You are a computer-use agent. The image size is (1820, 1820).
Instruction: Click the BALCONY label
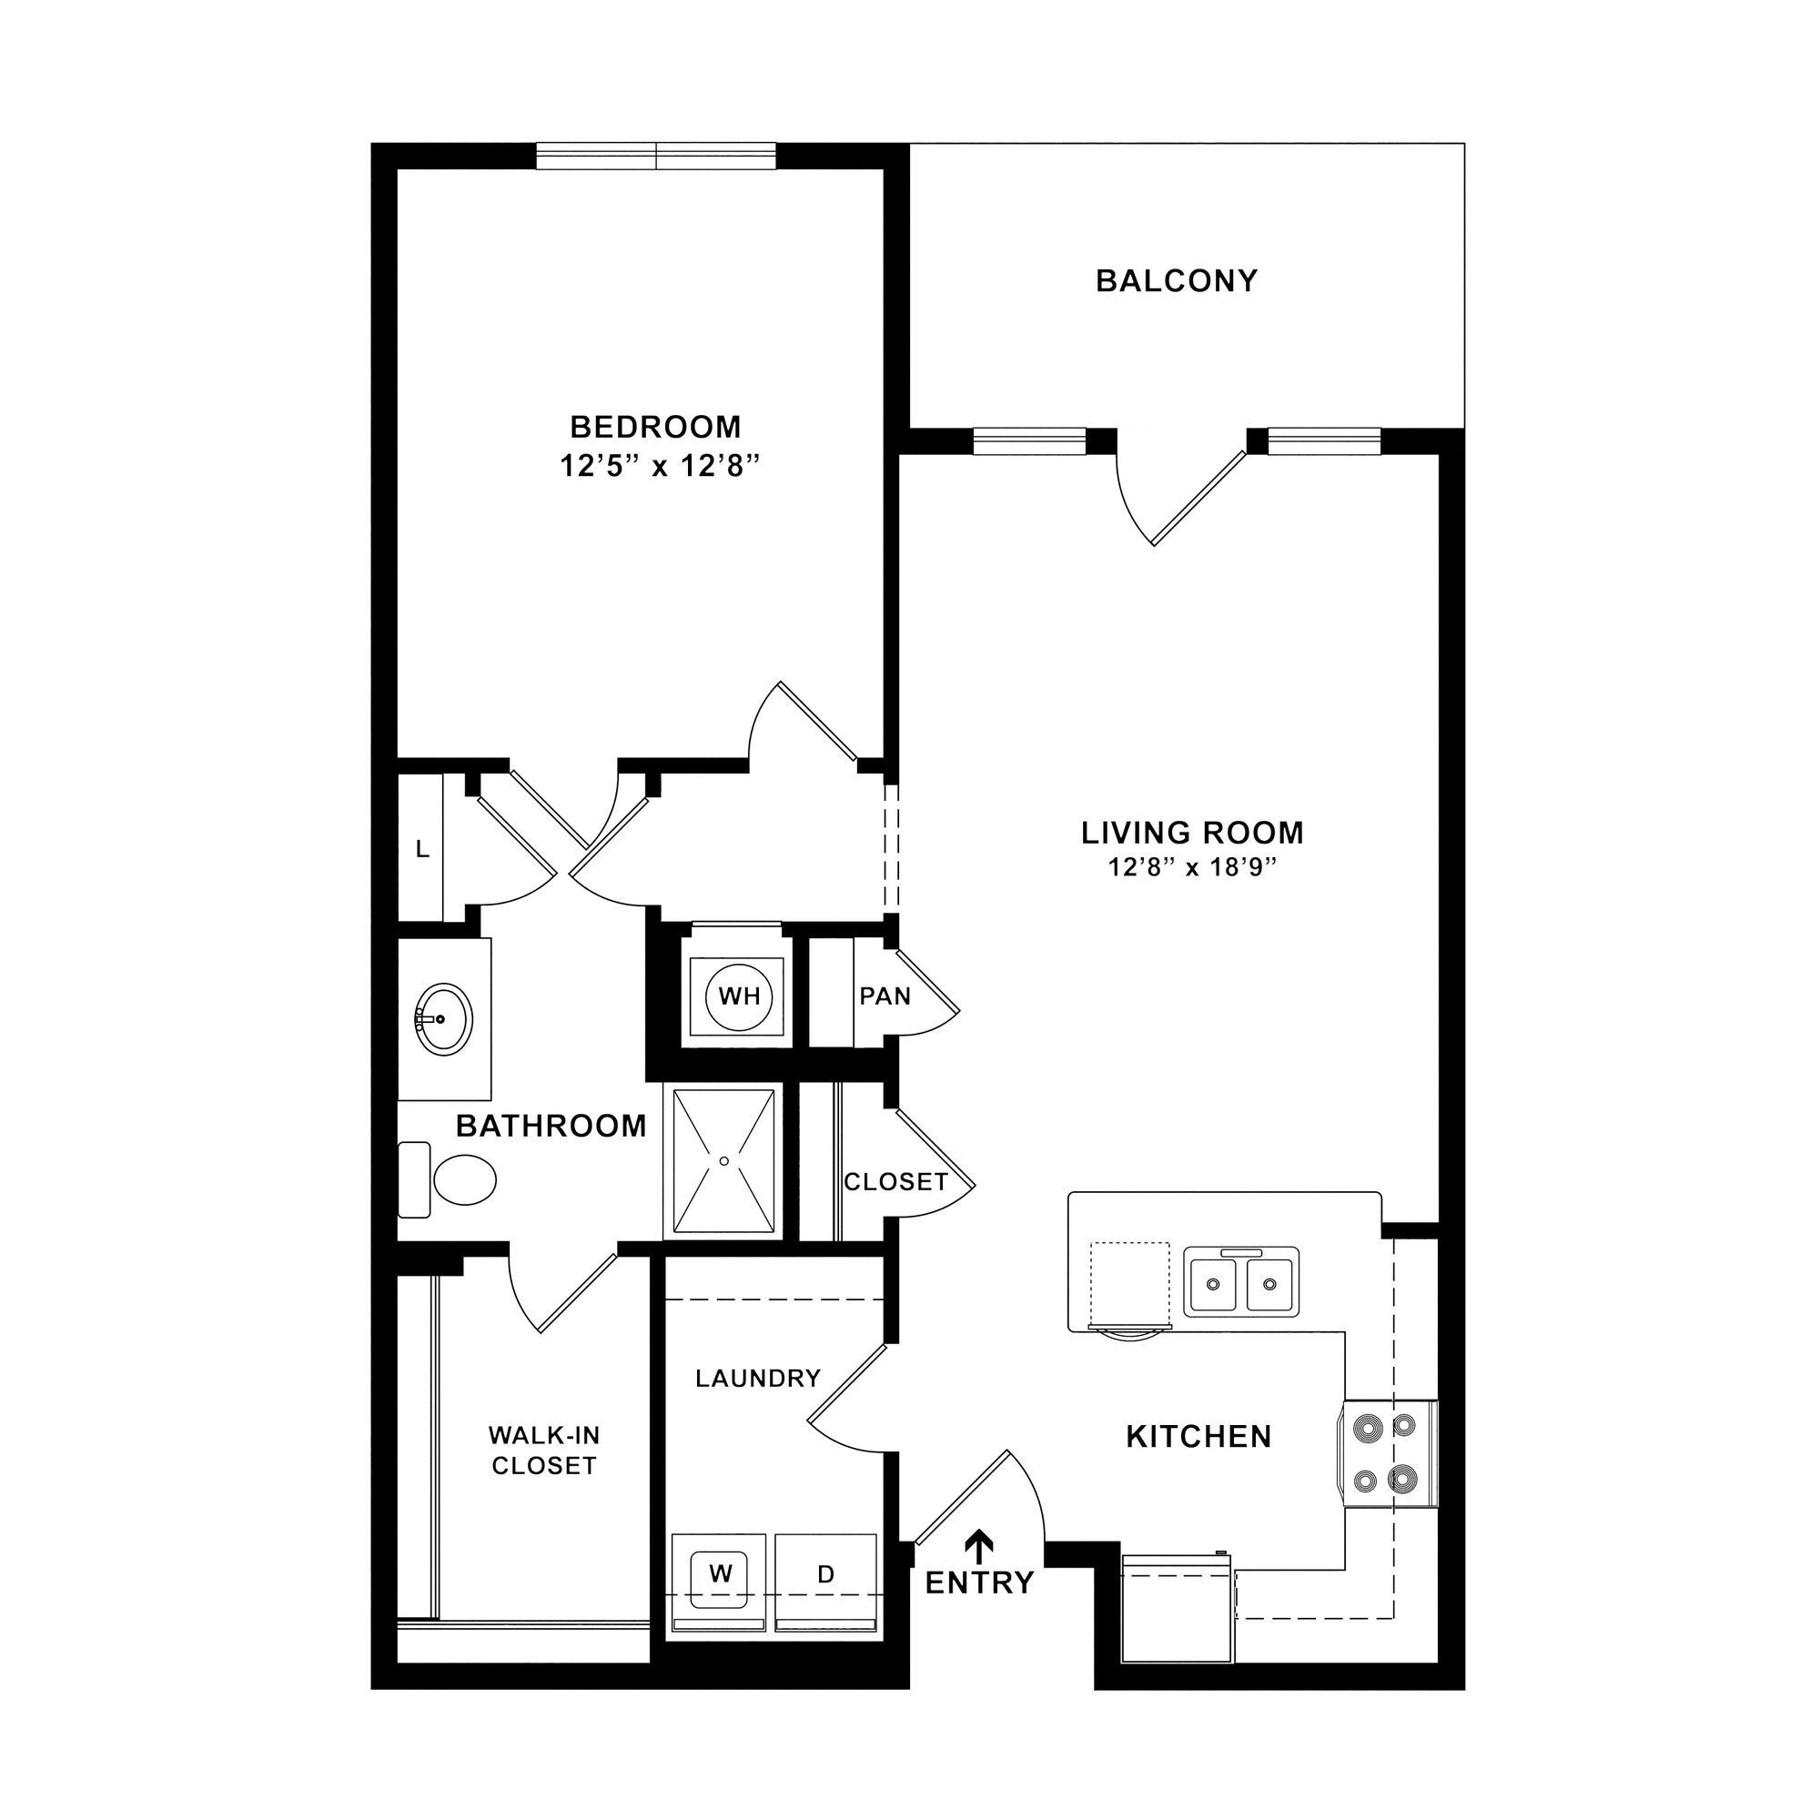pos(1177,280)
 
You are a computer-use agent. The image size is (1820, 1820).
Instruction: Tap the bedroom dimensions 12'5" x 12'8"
pos(660,465)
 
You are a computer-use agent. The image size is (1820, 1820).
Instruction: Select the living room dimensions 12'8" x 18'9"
pos(1192,866)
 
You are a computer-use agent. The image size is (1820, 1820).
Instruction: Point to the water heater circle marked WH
pos(739,996)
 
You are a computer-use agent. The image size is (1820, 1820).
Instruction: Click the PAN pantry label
pos(885,996)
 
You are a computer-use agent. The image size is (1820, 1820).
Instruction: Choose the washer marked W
pos(721,1574)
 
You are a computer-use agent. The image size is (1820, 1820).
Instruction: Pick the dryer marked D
pos(825,1574)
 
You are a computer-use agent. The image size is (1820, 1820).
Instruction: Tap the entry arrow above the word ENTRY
pos(982,1542)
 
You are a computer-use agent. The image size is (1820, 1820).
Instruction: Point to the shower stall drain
pos(724,1160)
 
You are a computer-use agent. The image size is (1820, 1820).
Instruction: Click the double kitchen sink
pos(1240,1282)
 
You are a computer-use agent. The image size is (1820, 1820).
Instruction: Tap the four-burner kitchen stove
pos(1385,1453)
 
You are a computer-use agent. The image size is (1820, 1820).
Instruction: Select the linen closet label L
pos(423,849)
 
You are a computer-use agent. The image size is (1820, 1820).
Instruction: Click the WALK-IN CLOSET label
pos(543,1450)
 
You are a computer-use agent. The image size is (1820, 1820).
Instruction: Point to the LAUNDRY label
pos(758,1378)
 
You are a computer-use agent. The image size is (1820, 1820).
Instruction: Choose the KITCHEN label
pos(1198,1436)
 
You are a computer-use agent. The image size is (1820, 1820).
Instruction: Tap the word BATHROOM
pos(551,1125)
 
